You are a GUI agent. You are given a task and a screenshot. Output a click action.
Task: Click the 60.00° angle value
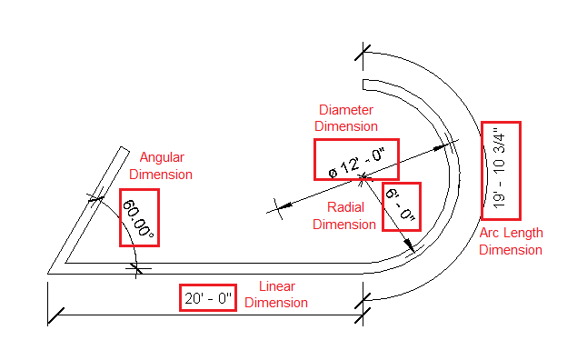139,217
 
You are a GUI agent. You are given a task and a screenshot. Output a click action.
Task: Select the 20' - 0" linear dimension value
208,297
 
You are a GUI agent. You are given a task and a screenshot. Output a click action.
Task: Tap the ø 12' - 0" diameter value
356,161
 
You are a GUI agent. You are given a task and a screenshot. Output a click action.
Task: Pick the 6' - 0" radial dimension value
400,206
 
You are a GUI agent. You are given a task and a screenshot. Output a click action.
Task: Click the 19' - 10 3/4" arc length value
501,170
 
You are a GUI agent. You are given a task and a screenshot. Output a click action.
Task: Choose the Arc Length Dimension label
511,241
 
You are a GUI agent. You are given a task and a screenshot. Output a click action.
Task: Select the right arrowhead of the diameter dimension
447,144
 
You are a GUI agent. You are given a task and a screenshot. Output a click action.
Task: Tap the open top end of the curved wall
363,85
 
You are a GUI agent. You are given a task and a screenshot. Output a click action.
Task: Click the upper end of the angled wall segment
121,151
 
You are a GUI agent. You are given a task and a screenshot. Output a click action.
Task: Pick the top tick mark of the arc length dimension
363,54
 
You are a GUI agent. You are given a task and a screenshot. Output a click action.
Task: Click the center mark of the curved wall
363,175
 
